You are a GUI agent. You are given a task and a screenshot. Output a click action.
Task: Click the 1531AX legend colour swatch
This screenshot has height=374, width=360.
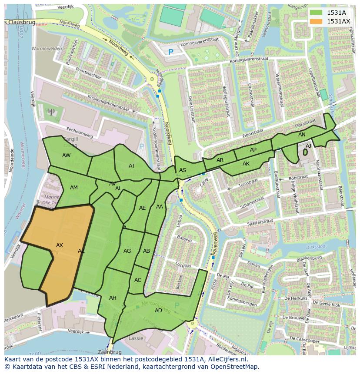317,21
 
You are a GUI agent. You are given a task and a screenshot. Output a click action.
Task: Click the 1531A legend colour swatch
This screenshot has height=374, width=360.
317,13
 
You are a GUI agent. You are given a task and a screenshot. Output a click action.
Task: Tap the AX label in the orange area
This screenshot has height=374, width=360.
60,245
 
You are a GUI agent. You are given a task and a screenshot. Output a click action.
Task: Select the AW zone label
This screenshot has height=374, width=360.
66,155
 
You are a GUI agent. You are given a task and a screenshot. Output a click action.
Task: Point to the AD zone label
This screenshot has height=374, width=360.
158,310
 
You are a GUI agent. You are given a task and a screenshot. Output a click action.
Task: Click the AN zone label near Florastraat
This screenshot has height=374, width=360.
302,135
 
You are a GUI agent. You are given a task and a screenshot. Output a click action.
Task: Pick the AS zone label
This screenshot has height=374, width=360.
183,170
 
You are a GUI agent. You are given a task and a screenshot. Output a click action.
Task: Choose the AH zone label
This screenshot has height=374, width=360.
113,298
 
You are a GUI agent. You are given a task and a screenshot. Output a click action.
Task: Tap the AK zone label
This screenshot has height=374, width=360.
246,164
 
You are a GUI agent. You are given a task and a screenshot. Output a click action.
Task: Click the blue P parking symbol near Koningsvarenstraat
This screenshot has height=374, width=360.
171,52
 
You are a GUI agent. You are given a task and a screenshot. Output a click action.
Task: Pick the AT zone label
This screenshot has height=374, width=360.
132,165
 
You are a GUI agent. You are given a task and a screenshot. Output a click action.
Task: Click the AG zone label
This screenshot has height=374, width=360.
127,251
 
